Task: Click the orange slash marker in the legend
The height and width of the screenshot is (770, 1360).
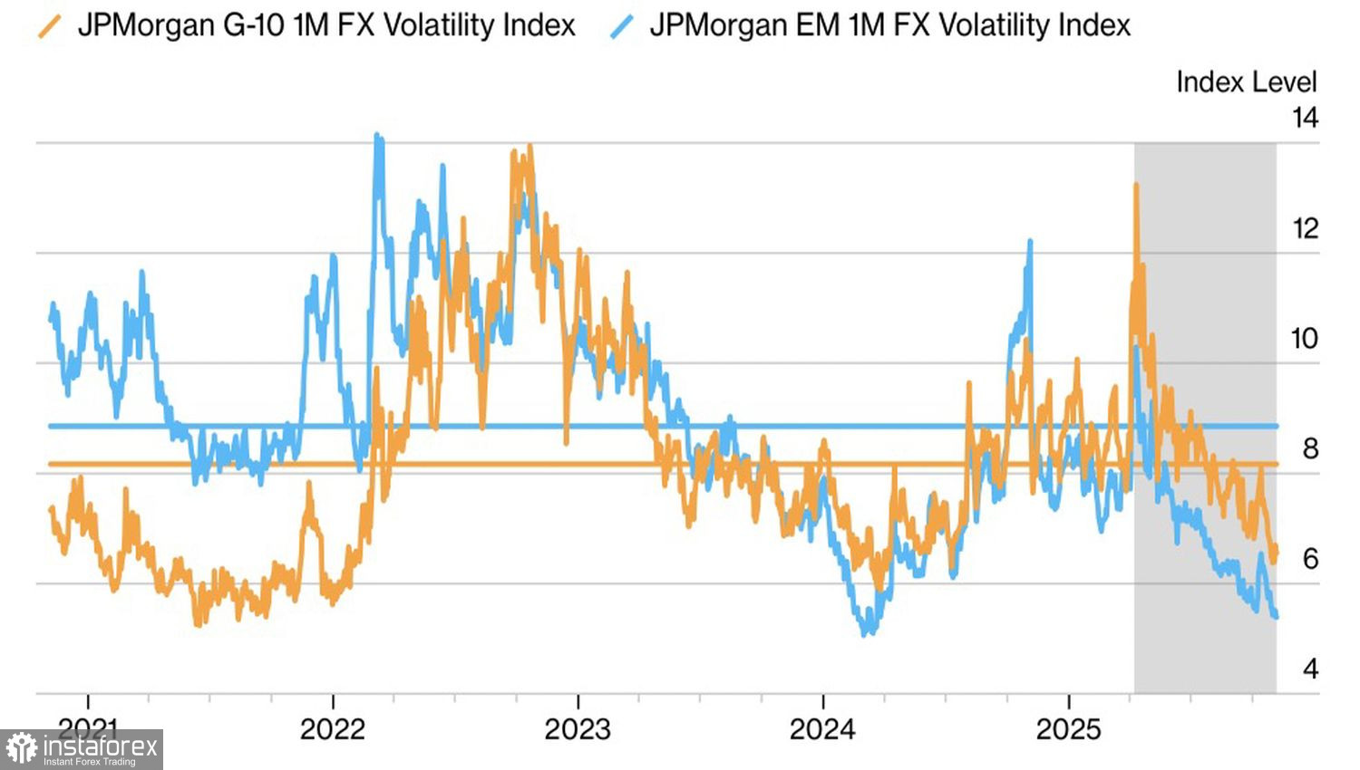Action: pos(50,26)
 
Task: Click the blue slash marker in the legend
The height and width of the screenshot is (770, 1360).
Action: pos(622,26)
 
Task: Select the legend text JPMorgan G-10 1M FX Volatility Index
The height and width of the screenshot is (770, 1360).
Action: pos(326,25)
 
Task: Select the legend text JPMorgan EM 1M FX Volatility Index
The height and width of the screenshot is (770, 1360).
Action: pos(890,25)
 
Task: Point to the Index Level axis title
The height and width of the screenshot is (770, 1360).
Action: pos(1246,82)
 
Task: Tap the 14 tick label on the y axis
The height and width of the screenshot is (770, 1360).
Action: pos(1305,118)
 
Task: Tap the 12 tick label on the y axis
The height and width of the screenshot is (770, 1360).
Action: pos(1305,228)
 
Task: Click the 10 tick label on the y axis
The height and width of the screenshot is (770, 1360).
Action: pos(1304,339)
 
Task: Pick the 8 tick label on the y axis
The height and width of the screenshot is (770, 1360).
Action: pos(1310,448)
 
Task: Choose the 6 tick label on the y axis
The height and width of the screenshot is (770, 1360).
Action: pos(1310,559)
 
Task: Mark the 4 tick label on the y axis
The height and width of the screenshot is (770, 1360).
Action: pos(1310,669)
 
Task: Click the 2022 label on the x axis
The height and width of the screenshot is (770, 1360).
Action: pos(333,729)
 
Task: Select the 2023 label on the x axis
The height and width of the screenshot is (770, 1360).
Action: pos(578,729)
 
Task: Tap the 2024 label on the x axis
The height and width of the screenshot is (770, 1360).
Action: pos(822,729)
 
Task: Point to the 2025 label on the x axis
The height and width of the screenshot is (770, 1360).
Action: pos(1069,729)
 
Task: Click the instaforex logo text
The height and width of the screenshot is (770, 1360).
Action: pos(100,747)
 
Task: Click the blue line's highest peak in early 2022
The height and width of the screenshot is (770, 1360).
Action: pos(377,136)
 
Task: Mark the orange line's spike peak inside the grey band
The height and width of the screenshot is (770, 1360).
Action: pos(1136,185)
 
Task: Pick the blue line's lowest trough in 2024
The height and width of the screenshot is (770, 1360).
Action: pos(866,633)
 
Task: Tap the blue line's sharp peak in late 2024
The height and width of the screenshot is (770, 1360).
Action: pos(1030,241)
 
